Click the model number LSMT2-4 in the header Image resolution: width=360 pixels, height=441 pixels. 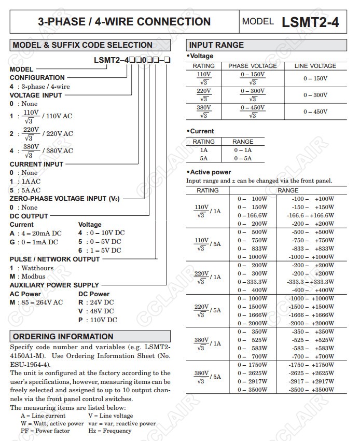pyautogui.click(x=310, y=22)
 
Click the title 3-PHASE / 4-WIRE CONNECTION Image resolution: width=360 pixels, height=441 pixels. pyautogui.click(x=124, y=22)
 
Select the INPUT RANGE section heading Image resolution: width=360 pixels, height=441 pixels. pyautogui.click(x=216, y=45)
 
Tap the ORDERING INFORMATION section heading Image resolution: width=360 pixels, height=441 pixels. pyautogui.click(x=63, y=336)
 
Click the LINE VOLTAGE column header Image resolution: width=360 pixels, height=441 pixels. pyautogui.click(x=315, y=66)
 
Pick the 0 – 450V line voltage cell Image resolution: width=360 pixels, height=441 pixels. pyautogui.click(x=315, y=112)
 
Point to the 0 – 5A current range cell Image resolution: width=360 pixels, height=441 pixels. pyautogui.click(x=242, y=158)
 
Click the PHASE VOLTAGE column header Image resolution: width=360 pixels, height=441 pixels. pyautogui.click(x=253, y=66)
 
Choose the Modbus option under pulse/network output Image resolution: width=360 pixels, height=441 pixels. pyautogui.click(x=31, y=276)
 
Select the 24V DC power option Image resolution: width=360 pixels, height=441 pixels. pyautogui.click(x=97, y=302)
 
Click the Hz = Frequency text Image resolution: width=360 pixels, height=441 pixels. pyautogui.click(x=109, y=431)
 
